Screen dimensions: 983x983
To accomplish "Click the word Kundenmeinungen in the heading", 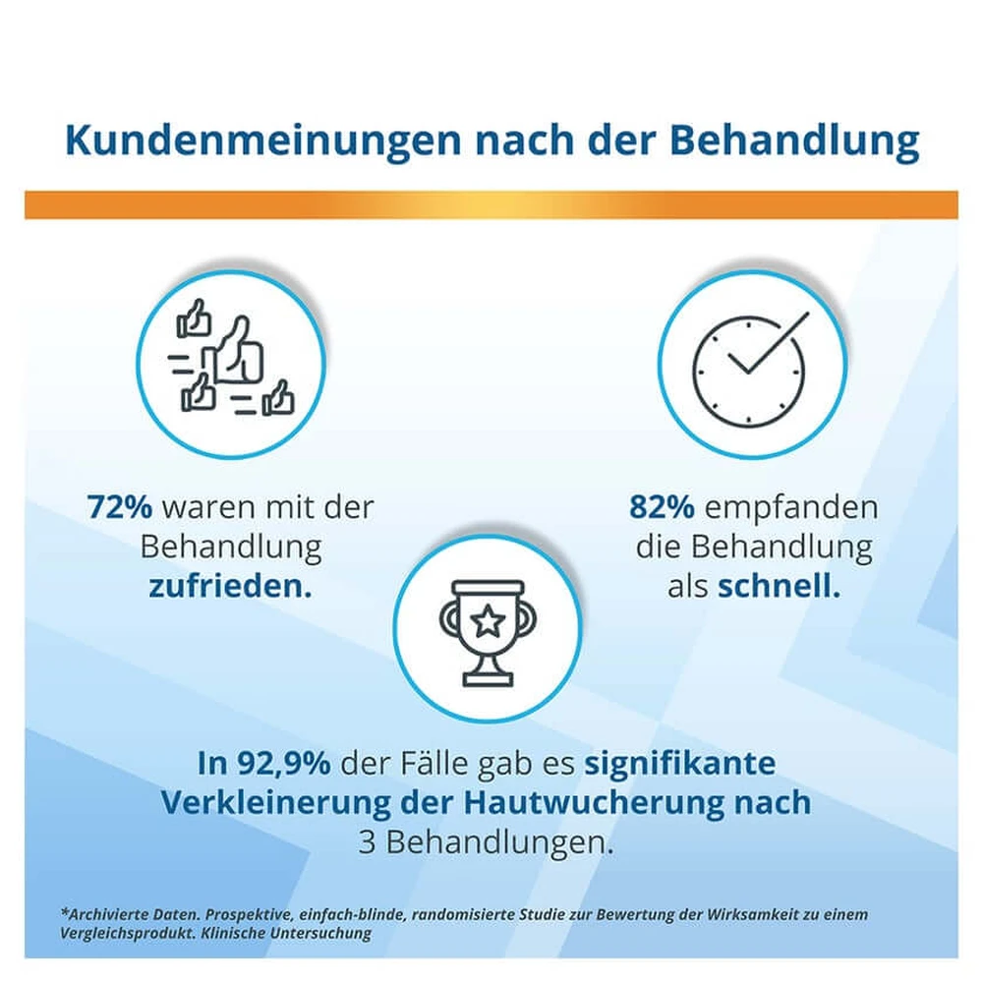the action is [x=262, y=141].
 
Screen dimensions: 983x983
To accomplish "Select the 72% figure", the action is [x=119, y=506].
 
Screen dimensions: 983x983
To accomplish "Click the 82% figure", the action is [x=662, y=506].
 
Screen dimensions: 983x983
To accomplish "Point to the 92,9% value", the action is [x=283, y=764].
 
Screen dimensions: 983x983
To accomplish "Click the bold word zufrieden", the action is [x=230, y=586].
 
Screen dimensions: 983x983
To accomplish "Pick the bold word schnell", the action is [x=779, y=586].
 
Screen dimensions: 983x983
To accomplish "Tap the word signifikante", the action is [x=680, y=764].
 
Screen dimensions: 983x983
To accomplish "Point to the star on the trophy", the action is [x=488, y=622].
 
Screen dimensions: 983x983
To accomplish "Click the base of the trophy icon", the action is [x=488, y=679].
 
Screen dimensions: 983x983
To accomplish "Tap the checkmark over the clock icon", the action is [x=770, y=343].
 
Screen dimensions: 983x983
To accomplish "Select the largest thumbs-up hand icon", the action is [x=239, y=351].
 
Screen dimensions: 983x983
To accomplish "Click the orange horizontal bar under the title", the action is [x=491, y=205].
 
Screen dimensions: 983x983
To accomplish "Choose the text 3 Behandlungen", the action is [x=487, y=843].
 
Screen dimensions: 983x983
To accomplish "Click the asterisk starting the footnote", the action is [x=64, y=912].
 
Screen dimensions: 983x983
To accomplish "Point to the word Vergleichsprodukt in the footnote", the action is [x=128, y=934].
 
